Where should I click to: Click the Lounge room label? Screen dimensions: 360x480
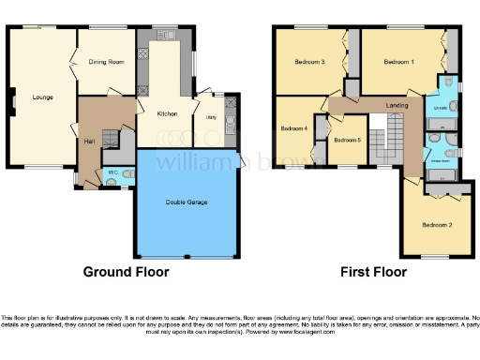point(41,97)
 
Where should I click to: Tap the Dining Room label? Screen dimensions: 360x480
point(106,62)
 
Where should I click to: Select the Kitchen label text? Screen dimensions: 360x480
point(167,113)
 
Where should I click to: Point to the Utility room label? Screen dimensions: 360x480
point(211,117)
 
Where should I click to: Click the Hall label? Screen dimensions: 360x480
point(90,141)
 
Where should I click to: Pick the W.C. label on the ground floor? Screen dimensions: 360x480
point(112,172)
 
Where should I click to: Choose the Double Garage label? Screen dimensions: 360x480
point(187,202)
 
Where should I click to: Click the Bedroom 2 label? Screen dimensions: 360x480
point(437,225)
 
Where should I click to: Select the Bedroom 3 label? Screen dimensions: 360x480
point(309,63)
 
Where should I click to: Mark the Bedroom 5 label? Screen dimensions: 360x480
point(347,140)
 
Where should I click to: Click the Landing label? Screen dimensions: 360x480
point(397,107)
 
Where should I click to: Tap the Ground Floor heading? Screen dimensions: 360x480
point(127,273)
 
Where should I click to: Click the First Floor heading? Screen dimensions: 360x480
point(374,273)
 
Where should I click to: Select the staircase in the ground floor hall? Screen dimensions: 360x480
point(112,139)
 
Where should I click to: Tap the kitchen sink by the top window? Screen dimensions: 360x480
point(169,35)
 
